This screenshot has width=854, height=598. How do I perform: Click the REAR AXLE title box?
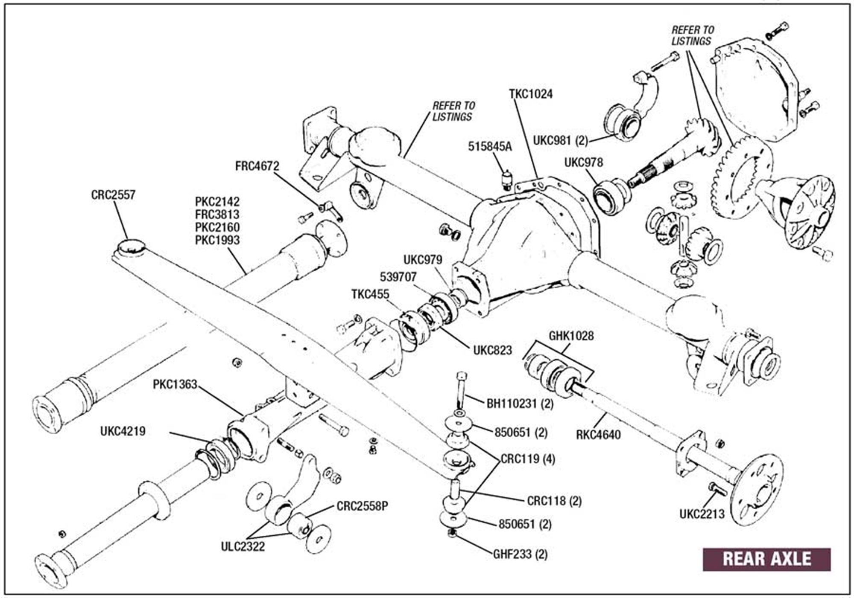coord(766,559)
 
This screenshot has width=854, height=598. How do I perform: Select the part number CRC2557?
coord(113,195)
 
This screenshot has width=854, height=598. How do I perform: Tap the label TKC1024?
coord(531,94)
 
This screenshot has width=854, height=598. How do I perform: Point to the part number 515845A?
coord(490,146)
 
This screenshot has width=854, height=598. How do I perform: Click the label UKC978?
coord(583,163)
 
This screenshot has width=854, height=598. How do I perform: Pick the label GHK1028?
coord(571,336)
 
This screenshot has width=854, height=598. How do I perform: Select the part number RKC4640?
coord(598,435)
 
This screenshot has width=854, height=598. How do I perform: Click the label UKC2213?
coord(702,514)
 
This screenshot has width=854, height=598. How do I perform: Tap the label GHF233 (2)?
coord(520,554)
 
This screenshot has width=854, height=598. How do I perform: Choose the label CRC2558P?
coord(362,506)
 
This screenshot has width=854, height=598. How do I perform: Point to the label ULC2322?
coord(243,546)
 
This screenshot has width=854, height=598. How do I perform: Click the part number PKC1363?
coord(175,384)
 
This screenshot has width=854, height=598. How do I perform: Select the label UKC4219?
coord(123,431)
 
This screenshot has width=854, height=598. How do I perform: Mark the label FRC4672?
coord(257,166)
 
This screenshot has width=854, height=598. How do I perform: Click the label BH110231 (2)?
coord(520,404)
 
